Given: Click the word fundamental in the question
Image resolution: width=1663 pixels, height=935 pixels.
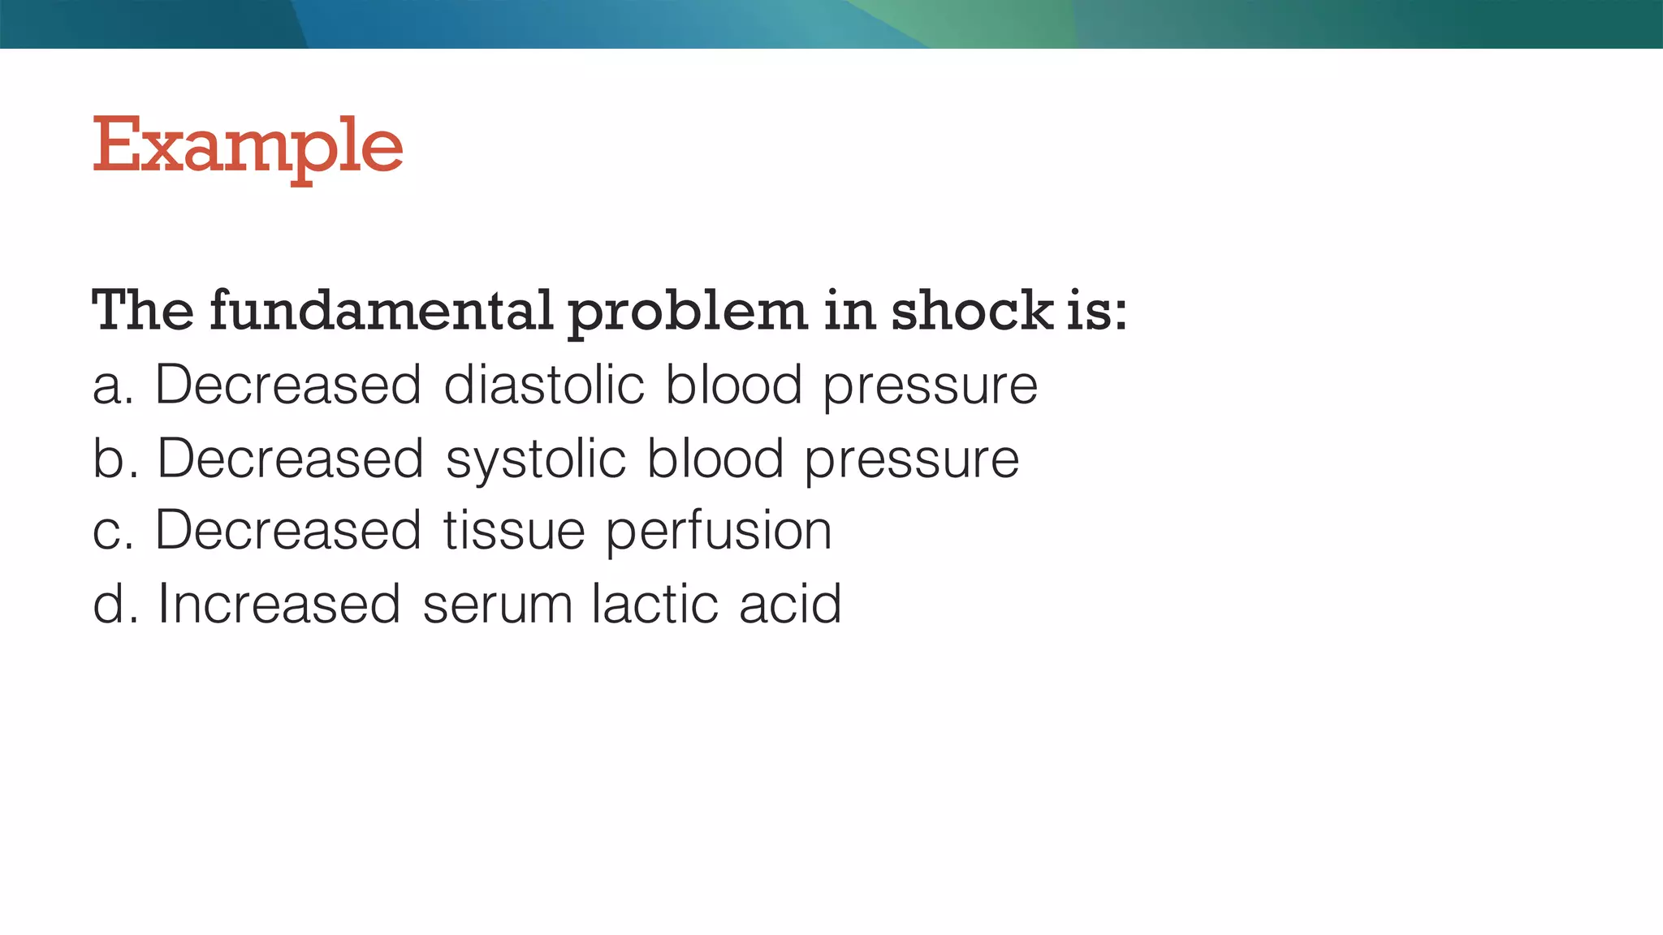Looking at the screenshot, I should pos(381,310).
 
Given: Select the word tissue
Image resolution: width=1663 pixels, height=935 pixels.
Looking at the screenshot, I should pos(514,531).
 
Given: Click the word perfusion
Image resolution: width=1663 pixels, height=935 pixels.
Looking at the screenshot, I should pos(719,532).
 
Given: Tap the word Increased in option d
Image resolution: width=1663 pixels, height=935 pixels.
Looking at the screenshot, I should pos(279,604).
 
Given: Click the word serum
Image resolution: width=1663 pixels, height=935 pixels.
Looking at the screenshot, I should pos(498,605).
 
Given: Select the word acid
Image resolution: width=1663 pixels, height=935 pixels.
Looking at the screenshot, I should pos(790,604).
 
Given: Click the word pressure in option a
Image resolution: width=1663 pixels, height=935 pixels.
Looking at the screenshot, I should pos(930,387).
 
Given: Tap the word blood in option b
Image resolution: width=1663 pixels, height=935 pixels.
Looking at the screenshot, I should pos(715,459).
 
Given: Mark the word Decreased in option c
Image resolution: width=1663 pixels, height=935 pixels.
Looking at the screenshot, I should pos(287,531).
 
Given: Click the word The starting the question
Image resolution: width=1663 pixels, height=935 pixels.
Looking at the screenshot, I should pos(143,310).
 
